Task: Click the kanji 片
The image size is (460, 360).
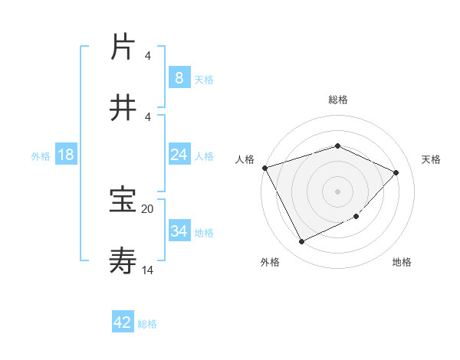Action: pos(123,47)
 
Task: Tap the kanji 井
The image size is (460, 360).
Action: pos(123,108)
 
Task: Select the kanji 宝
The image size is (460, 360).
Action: pos(123,201)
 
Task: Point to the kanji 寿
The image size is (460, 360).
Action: pos(123,261)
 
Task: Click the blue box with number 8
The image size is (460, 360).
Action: pos(179,77)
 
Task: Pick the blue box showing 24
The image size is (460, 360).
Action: pos(179,155)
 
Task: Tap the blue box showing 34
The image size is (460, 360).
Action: pos(179,231)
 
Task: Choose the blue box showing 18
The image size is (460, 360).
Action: pos(66,155)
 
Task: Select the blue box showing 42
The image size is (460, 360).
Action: pos(123,322)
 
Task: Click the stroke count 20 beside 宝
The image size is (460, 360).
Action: pos(148,208)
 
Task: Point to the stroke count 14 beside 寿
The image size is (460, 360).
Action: pos(148,270)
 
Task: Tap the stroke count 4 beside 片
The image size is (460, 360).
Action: pos(148,56)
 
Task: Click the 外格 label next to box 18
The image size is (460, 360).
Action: pos(41,155)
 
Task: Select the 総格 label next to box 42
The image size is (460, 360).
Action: pos(147,323)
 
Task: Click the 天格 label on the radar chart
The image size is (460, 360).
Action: pos(431,159)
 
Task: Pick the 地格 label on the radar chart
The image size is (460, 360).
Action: pos(402,262)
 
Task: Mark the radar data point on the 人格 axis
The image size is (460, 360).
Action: pos(264,168)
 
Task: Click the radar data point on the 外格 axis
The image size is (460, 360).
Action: pos(301,242)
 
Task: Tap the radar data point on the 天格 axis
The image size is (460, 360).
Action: pos(396,172)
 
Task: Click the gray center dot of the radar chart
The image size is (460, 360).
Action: pos(337,191)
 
